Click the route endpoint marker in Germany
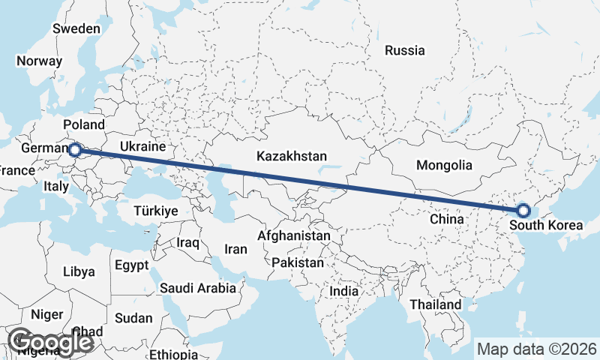(x=74, y=151)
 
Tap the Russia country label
(x=405, y=51)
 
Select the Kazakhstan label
(x=292, y=157)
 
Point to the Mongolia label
(x=444, y=165)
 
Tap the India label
(x=344, y=291)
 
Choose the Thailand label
(x=435, y=305)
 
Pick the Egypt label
(x=132, y=265)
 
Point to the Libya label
(x=79, y=271)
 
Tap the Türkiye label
(x=155, y=211)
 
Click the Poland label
(x=84, y=124)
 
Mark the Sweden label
(x=76, y=28)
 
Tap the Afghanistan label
(x=293, y=235)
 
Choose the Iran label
(x=235, y=249)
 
